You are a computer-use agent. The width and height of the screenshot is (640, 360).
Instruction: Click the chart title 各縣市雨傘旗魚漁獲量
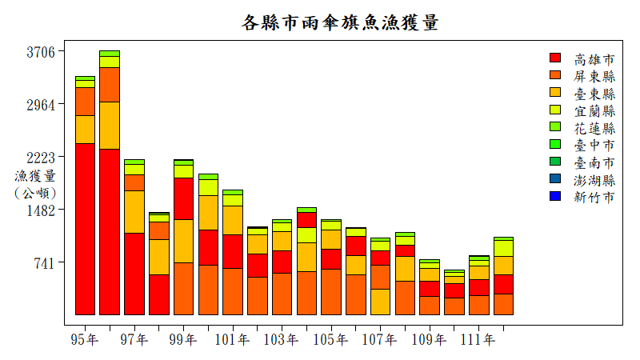click(340, 22)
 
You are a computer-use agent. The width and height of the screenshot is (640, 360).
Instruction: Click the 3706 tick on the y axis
click(41, 52)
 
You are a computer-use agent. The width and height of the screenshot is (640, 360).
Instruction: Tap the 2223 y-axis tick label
click(41, 158)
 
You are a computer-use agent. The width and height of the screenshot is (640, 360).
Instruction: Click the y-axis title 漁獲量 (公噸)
click(35, 184)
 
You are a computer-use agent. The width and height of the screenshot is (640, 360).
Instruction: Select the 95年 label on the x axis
click(85, 340)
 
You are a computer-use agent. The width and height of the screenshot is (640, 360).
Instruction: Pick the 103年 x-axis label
click(281, 340)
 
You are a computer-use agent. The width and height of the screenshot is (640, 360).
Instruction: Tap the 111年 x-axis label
click(478, 340)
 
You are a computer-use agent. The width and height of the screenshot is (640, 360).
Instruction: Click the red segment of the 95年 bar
click(85, 229)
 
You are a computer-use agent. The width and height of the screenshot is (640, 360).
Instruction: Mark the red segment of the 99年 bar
click(183, 198)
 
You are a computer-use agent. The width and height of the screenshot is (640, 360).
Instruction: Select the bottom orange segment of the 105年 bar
click(330, 292)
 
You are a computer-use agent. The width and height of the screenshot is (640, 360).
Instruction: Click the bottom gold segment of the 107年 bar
click(380, 302)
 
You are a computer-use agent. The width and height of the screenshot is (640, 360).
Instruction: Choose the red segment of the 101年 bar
click(232, 251)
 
